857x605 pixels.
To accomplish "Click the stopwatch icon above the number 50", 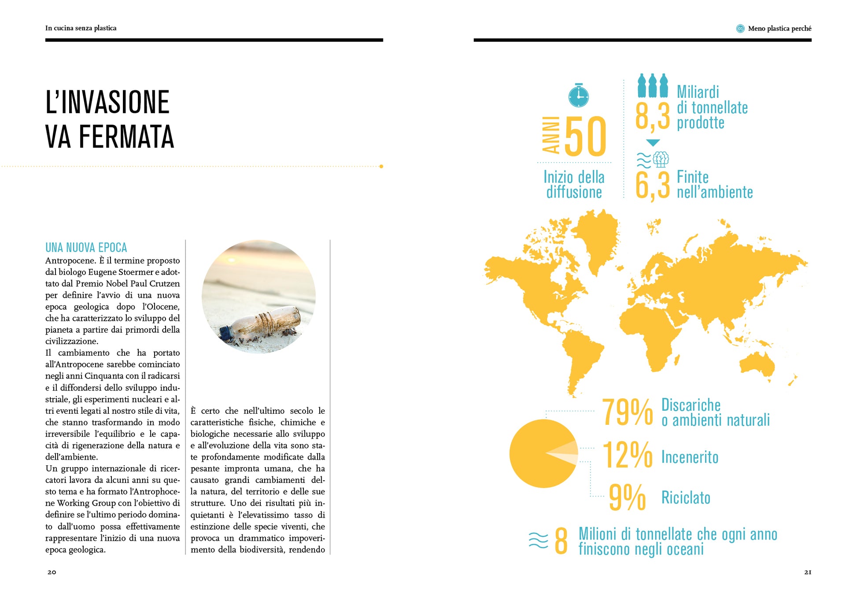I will pos(578,96).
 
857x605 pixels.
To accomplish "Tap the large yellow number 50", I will pos(585,137).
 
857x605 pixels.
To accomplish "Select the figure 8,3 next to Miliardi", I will pos(652,116).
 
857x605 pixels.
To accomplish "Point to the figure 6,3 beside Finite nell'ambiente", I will pos(652,185).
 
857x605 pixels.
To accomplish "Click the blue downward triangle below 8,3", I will pos(653,143).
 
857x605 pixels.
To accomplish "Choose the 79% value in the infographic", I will pos(627,412).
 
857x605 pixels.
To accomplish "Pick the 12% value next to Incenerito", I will pos(627,455).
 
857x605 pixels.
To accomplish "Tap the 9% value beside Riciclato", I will pos(627,497).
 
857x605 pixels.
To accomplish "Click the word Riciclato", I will pos(686,498).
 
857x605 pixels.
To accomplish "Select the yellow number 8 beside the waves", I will pos(561,541).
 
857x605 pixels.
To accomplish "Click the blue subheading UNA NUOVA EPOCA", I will pos(86,248).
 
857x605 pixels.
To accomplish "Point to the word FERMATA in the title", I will pos(126,137).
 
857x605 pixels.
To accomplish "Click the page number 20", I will pos(52,572).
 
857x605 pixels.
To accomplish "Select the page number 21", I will pos(808,572).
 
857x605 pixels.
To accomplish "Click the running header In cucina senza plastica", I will pos(81,28).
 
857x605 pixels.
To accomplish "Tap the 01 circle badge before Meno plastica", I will pos(740,29).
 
